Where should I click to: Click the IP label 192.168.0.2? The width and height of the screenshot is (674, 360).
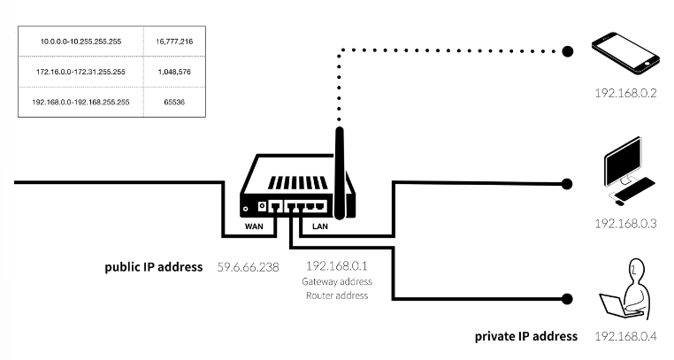pyautogui.click(x=624, y=92)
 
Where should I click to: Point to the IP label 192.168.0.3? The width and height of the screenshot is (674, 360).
pyautogui.click(x=624, y=223)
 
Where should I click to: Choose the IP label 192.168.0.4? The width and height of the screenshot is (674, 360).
pyautogui.click(x=624, y=337)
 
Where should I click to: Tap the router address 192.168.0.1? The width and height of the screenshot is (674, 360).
pyautogui.click(x=337, y=265)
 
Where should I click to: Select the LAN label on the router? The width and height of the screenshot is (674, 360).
pyautogui.click(x=321, y=226)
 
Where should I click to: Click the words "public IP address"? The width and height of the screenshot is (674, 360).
pyautogui.click(x=154, y=265)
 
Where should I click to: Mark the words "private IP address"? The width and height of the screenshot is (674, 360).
pyautogui.click(x=526, y=337)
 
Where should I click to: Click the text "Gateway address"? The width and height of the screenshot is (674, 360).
pyautogui.click(x=337, y=281)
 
